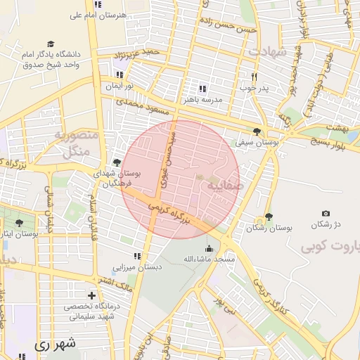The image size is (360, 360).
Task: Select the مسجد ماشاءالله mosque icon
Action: coord(209,248)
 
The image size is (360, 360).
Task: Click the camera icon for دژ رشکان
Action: coord(326,213)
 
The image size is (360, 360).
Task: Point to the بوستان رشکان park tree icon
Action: coord(269,217)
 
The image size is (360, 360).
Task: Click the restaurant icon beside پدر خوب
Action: coord(255,77)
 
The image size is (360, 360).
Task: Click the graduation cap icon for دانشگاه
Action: coord(50,44)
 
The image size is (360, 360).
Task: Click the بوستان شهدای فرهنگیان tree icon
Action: coord(117,163)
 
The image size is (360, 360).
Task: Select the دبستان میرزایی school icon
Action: coord(137,256)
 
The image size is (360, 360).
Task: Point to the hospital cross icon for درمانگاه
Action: coord(91,295)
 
